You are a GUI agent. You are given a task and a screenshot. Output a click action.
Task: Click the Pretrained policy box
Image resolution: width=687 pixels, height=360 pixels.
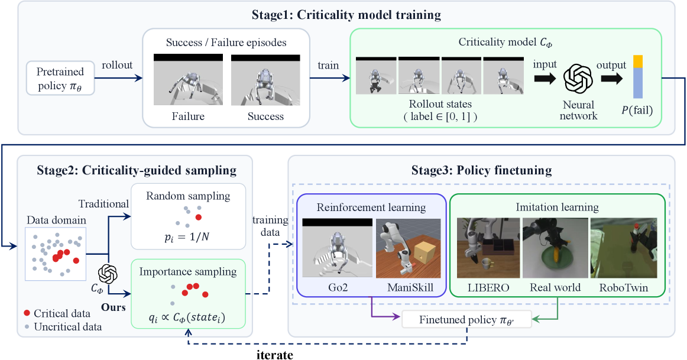tap(60, 79)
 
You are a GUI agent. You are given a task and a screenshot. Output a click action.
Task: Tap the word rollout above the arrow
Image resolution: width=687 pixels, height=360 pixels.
tap(117, 65)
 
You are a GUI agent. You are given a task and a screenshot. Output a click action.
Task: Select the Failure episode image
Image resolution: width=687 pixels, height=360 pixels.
tap(188, 80)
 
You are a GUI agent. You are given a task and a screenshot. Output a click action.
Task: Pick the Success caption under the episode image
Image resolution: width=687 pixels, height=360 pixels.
tap(265, 116)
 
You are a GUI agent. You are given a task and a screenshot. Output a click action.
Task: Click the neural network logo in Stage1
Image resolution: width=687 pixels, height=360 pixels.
tap(578, 79)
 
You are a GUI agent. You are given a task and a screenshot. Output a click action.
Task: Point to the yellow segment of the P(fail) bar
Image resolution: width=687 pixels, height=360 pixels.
tap(637, 61)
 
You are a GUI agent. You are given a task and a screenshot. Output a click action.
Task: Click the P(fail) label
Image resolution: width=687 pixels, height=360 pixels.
tap(637, 111)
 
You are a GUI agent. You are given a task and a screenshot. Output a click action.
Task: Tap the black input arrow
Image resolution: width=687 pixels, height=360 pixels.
tap(545, 79)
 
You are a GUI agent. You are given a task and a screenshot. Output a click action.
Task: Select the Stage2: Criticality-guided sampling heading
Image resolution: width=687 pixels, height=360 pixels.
tap(137, 170)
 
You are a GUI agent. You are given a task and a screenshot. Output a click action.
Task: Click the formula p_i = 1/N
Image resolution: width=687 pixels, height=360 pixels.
tap(187, 238)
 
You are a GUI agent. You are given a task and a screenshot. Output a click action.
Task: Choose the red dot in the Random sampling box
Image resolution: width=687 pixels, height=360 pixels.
tap(199, 217)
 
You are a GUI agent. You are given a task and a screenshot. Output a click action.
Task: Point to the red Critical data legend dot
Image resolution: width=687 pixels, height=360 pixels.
tap(27, 313)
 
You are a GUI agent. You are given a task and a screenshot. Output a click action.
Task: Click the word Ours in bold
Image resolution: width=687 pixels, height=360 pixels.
tap(114, 307)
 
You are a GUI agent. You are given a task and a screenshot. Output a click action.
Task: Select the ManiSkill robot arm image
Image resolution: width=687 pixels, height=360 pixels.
tap(409, 248)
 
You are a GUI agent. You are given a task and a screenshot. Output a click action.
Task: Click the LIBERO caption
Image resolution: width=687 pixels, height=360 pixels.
tap(488, 288)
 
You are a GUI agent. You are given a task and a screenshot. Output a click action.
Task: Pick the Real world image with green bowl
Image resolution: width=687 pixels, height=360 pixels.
tap(555, 248)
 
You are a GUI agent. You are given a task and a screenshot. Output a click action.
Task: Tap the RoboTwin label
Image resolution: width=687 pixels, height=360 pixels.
tap(624, 288)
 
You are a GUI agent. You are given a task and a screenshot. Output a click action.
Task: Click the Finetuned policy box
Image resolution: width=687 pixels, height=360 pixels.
tap(466, 320)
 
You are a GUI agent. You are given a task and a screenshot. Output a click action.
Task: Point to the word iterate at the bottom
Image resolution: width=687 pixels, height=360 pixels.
tap(275, 354)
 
